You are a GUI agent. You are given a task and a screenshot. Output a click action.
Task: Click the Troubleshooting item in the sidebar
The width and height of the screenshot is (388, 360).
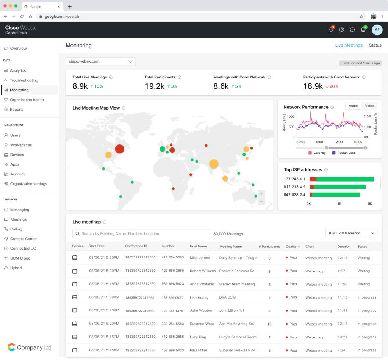pos(24,80)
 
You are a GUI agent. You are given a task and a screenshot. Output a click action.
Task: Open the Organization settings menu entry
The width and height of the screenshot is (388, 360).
pos(28,184)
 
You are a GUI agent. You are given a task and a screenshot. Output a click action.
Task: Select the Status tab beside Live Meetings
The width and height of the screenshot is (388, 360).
pos(375,45)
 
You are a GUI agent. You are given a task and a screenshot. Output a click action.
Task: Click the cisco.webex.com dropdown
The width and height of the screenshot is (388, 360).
pos(100,61)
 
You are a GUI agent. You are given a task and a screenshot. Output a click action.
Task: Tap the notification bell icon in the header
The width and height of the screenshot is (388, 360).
pos(331,30)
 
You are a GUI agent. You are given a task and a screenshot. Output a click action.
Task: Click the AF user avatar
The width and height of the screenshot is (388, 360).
pos(377,30)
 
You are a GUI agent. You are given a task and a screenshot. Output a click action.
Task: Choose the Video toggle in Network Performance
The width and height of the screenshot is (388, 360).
pos(369,106)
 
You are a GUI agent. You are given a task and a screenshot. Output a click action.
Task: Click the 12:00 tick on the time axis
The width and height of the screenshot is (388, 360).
pos(338,142)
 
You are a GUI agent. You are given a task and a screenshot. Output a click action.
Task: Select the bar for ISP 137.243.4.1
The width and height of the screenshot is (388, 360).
pos(341,179)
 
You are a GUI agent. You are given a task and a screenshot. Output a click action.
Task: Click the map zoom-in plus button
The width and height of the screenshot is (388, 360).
pos(261,194)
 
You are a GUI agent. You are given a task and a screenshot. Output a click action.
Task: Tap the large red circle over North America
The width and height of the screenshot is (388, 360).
pos(119,149)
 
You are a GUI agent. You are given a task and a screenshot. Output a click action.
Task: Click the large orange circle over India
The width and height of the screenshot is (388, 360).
pos(214,164)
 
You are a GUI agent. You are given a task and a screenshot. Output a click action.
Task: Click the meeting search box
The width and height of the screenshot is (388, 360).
pos(142,234)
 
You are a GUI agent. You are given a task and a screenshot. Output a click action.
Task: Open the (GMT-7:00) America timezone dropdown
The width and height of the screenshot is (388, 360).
pos(352,233)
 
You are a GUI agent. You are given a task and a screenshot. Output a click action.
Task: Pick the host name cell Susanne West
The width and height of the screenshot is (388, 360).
pos(202,324)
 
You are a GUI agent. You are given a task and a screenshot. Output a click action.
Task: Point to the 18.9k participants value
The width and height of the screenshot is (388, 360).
pos(313,86)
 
